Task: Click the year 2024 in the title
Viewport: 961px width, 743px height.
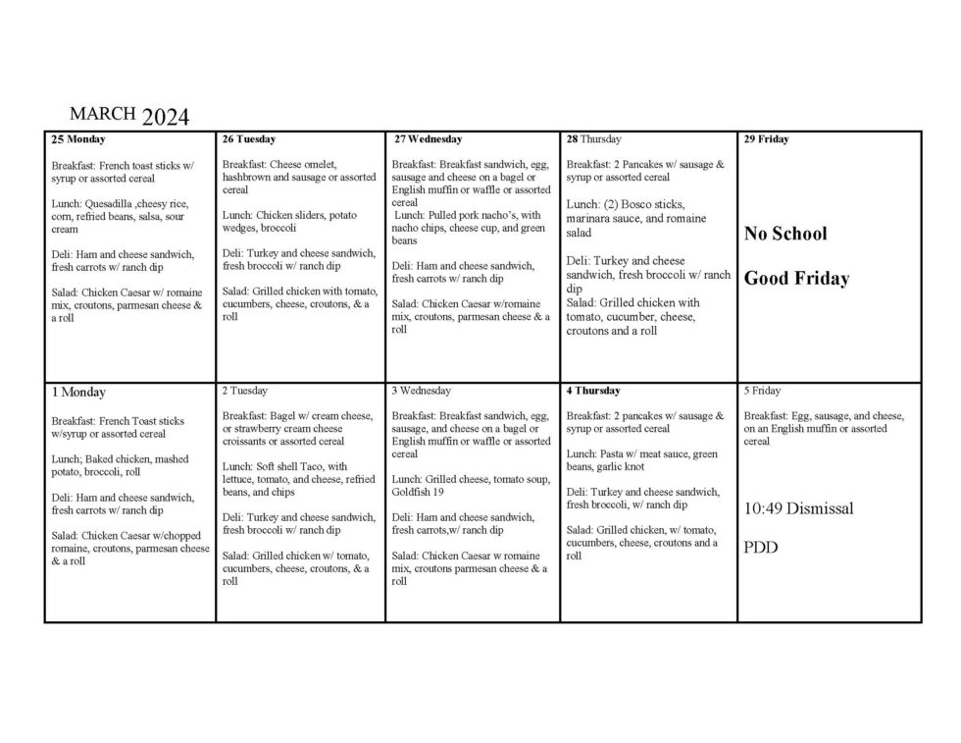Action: coord(165,118)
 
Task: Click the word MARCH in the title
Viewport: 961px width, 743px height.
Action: coord(102,113)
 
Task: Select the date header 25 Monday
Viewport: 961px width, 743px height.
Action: coord(77,139)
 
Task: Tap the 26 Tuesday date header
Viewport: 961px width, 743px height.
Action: coord(249,139)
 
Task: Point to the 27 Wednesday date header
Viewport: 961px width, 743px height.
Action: coord(429,139)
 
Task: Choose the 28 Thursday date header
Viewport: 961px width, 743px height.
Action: coord(594,139)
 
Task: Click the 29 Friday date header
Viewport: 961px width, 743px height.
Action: coord(767,139)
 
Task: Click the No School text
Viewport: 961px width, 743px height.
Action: coord(785,234)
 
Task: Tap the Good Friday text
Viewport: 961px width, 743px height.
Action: coord(796,279)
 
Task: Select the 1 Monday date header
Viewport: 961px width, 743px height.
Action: coord(78,392)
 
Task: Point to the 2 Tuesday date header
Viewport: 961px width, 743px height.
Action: coord(245,391)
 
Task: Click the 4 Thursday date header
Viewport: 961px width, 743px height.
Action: coord(593,391)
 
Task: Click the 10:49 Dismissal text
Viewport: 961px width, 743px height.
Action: coord(798,508)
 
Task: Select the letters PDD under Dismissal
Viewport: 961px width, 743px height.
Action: coord(761,548)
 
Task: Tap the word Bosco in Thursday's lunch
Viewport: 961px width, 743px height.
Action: coord(632,203)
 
